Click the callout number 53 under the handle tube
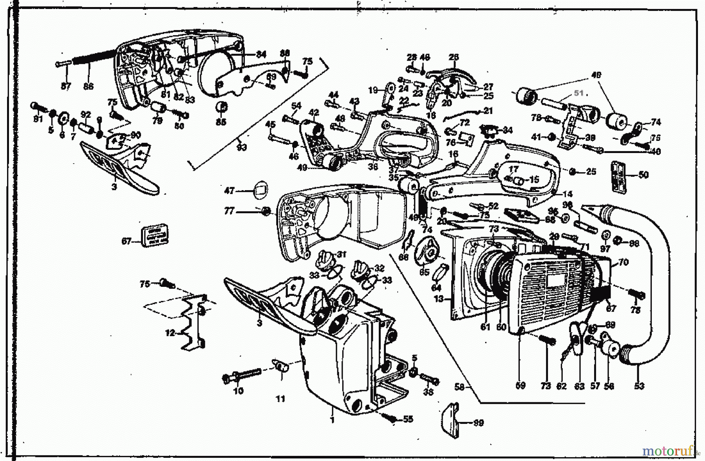(x=639, y=386)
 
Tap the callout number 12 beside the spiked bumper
(x=170, y=333)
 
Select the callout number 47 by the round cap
(x=229, y=191)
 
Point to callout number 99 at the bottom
(x=478, y=423)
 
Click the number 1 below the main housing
(x=332, y=421)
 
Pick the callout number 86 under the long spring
(x=89, y=86)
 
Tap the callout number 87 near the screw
(x=66, y=86)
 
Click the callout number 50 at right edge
(x=644, y=175)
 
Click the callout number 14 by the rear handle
(x=568, y=194)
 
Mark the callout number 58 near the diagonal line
(x=459, y=387)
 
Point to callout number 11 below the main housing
(x=280, y=399)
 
